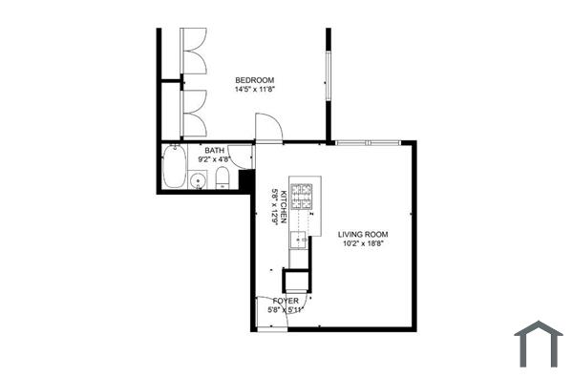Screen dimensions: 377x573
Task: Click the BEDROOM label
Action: coord(255,79)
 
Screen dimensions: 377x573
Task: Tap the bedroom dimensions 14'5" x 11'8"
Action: coord(255,90)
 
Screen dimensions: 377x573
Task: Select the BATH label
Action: coord(214,150)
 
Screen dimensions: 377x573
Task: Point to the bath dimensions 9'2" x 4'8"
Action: coord(215,160)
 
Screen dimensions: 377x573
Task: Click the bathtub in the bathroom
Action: coord(175,168)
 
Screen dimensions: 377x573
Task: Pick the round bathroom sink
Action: coord(200,180)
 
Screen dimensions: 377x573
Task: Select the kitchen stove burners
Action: coord(303,195)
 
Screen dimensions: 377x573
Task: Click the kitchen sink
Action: coord(299,239)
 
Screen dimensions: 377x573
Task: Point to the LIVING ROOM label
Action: coord(363,233)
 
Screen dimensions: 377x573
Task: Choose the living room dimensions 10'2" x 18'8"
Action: coord(363,243)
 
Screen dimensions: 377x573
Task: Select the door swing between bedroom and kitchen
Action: coord(266,127)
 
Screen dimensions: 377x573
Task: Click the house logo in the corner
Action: coord(539,344)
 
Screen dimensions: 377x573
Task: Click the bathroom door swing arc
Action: coord(243,156)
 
